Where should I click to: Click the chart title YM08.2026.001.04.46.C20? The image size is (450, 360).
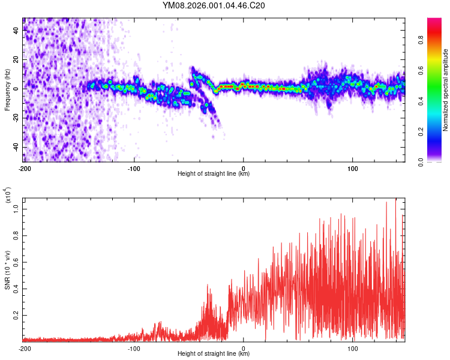click(223, 5)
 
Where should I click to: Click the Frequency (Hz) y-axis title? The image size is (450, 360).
click(7, 89)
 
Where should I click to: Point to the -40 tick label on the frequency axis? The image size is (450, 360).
click(15, 148)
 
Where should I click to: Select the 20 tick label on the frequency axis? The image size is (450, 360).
click(16, 60)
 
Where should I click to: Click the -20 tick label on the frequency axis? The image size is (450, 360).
click(15, 118)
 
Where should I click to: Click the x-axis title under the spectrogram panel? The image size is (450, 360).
click(214, 173)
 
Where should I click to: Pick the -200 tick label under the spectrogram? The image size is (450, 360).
click(24, 167)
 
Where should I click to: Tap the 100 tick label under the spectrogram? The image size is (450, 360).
click(353, 167)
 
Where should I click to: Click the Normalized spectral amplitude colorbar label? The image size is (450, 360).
click(446, 90)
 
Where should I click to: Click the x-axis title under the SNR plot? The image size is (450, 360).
click(214, 354)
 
